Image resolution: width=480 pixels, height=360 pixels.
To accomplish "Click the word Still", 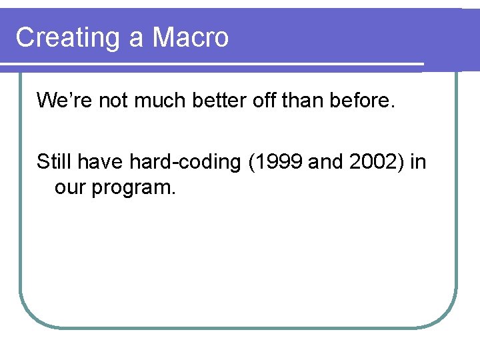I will coord(55,162).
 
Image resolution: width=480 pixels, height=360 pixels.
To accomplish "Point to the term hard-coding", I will coord(186,163).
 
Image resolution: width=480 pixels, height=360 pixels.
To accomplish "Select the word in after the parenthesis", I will coord(418,162).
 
